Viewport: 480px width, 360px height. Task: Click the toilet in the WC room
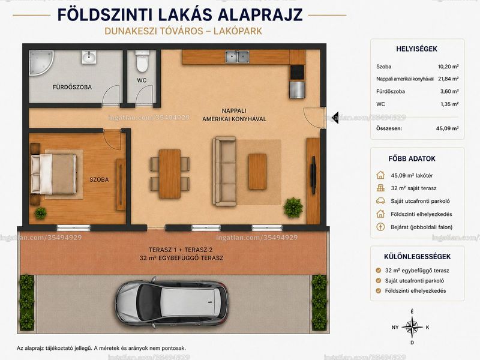point(142,61)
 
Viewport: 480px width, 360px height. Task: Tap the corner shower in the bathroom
point(40,62)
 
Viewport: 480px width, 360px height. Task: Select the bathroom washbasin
point(89,57)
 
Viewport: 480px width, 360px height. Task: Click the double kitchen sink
point(237,56)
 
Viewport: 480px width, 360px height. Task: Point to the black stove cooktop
point(297,73)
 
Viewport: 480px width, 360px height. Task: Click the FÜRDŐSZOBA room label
point(72,87)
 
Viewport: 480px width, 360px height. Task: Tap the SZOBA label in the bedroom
point(99,179)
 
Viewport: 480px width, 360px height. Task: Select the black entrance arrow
point(335,118)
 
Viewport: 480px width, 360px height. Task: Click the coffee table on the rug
point(257,172)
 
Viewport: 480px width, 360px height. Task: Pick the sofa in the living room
point(224,171)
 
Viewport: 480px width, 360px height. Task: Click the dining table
point(170,173)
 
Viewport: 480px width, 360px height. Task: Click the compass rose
point(412,327)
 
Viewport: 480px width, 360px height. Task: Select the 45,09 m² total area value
point(447,128)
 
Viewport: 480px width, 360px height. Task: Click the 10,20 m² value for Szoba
point(448,67)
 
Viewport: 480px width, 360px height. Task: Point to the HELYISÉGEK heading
point(416,49)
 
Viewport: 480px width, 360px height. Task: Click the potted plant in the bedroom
point(40,213)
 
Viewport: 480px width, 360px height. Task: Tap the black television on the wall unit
point(313,175)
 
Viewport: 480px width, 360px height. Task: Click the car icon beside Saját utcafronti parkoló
point(380,201)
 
